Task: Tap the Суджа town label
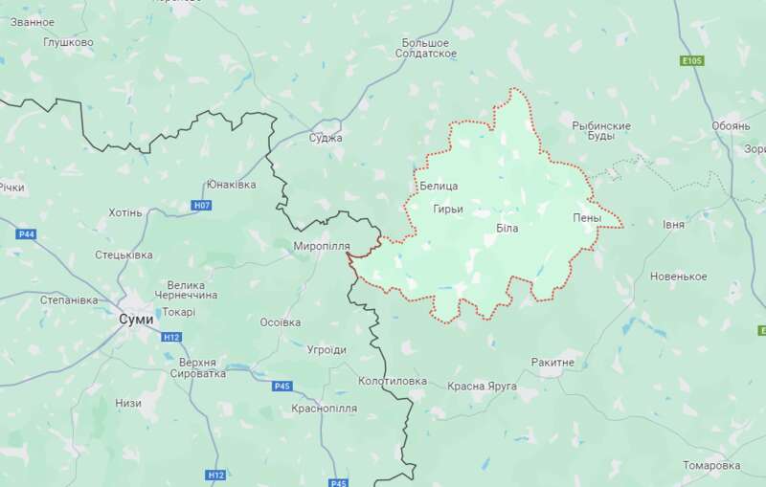[326, 138]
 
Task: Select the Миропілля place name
[322, 246]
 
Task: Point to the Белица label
[439, 185]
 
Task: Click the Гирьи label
[447, 209]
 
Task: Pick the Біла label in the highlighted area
[507, 229]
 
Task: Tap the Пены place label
[587, 218]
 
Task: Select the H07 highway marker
[201, 206]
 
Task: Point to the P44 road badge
[26, 233]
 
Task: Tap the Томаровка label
[711, 465]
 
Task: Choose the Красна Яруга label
[482, 386]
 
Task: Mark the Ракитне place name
[552, 363]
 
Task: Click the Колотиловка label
[392, 381]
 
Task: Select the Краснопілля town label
[325, 408]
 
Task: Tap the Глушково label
[68, 42]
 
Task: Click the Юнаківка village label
[231, 184]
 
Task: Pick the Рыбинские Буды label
[600, 131]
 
